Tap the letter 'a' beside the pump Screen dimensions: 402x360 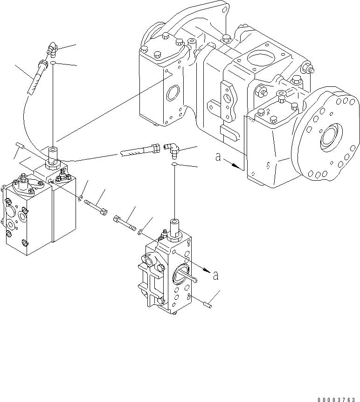(218, 157)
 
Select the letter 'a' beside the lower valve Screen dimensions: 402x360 (215, 275)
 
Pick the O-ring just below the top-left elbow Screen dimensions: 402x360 (54, 63)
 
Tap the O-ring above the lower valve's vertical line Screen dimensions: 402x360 (173, 165)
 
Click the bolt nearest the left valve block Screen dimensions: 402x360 (96, 206)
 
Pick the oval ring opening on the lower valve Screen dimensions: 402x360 (179, 275)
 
